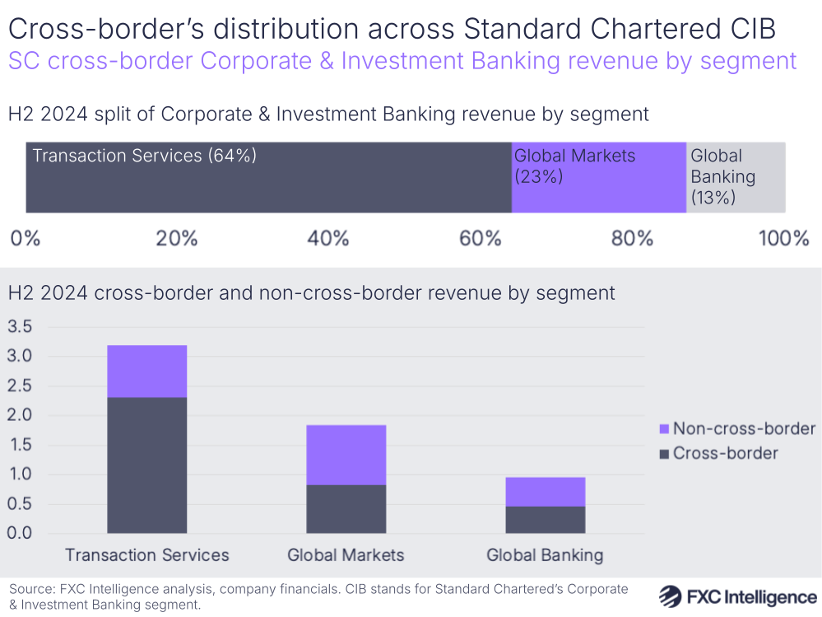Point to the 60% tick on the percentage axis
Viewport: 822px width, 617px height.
click(x=481, y=239)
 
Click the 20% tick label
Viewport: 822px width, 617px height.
click(x=177, y=239)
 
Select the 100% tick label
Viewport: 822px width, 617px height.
click(x=783, y=239)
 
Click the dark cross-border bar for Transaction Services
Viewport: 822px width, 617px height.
click(x=147, y=465)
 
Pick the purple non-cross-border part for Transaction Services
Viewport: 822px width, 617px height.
click(x=147, y=372)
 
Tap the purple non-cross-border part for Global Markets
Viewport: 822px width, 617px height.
click(x=346, y=455)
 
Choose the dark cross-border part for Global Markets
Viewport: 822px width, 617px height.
click(x=346, y=509)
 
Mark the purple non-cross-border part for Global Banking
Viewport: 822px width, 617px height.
click(x=546, y=492)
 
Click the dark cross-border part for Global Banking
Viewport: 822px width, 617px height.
click(x=546, y=520)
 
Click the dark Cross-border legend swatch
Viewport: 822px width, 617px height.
click(x=664, y=454)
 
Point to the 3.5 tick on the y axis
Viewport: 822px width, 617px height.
click(x=19, y=327)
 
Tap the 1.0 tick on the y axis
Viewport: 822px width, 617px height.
click(x=19, y=474)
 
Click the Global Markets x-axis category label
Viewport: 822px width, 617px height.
click(x=346, y=555)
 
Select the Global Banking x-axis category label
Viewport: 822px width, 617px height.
click(x=545, y=555)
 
